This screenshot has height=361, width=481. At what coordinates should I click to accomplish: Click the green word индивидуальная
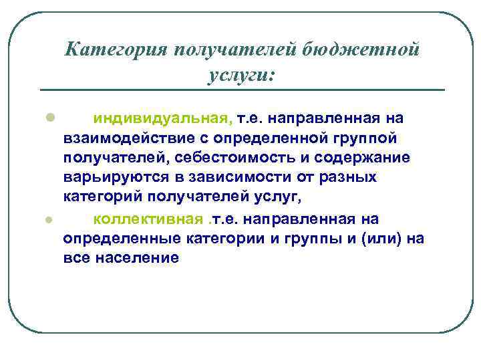click(x=163, y=118)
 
